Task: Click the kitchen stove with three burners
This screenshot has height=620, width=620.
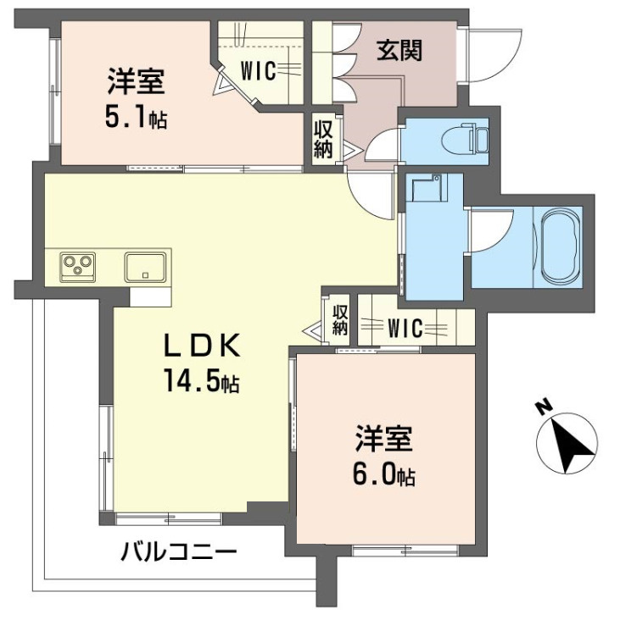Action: click(x=79, y=266)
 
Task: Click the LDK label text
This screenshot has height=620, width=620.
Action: click(x=203, y=346)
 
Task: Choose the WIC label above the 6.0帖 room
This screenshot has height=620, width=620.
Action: click(x=405, y=328)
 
